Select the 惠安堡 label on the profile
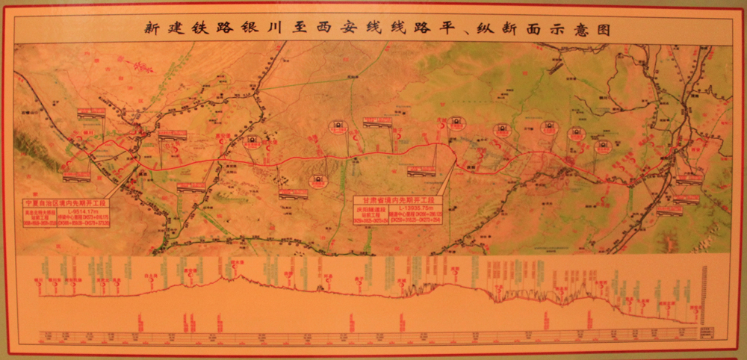point(190,270)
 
